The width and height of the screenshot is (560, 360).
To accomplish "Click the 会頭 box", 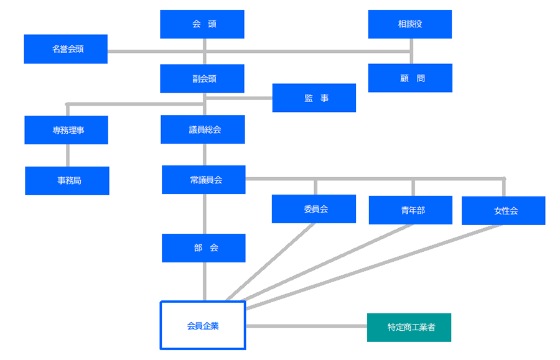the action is coord(202,24).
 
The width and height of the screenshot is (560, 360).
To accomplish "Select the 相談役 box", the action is coord(410,24).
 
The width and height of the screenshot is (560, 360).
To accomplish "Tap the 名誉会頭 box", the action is coord(66,49).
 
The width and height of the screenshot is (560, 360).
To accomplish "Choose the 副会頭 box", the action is coord(202,78).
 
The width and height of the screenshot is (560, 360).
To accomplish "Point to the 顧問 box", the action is coord(411,78).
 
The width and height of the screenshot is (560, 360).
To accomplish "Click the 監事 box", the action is coord(314,98).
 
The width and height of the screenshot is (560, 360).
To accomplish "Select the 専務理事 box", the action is coord(67,130).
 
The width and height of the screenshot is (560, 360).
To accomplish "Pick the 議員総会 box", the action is coord(203,129).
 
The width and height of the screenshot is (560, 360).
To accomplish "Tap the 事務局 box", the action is coord(67,180).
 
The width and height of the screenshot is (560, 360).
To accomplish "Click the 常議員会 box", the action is coord(203,180).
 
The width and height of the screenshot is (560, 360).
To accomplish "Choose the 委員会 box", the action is coord(314,209).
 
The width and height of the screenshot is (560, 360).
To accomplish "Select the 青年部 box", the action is coord(411,210).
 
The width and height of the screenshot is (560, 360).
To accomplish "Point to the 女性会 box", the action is coord(503,211).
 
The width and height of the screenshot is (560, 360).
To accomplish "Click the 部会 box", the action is coord(203,248).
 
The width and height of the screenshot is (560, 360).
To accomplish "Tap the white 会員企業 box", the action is coord(203,302).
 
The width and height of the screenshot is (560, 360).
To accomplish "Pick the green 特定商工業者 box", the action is coord(409,328).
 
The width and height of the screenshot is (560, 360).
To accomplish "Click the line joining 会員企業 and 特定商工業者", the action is coord(306,326).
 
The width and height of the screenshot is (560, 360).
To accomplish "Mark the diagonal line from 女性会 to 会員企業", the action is coord(374,267).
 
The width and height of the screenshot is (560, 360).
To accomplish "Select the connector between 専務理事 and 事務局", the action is coord(68,155).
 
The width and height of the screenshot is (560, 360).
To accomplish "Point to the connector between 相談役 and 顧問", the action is coord(411,51).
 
